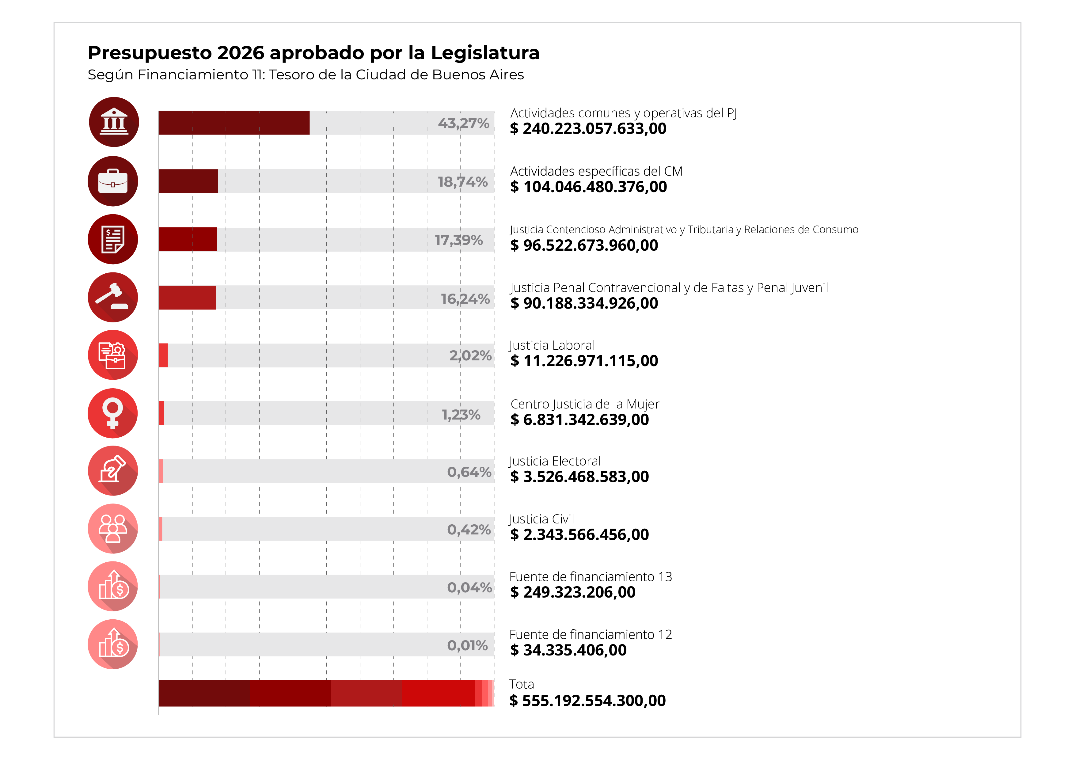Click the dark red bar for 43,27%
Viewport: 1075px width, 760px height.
[x=234, y=123]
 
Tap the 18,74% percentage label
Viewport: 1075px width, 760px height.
[x=463, y=182]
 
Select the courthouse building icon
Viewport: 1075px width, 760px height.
[x=114, y=122]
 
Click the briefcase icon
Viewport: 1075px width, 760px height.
[x=113, y=181]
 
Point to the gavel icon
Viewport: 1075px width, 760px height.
[x=113, y=297]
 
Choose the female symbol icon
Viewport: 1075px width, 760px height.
[x=113, y=413]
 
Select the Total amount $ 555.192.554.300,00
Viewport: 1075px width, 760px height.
[x=587, y=701]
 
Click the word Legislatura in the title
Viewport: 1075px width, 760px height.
[x=485, y=53]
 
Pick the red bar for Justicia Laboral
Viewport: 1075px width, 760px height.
[x=163, y=355]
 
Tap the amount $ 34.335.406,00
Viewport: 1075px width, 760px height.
[x=568, y=650]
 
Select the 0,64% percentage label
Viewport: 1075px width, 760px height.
[x=469, y=472]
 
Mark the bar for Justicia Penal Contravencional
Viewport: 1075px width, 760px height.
[x=187, y=297]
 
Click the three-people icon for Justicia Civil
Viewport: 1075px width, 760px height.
[x=113, y=529]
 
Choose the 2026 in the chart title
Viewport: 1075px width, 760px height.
[x=241, y=53]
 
